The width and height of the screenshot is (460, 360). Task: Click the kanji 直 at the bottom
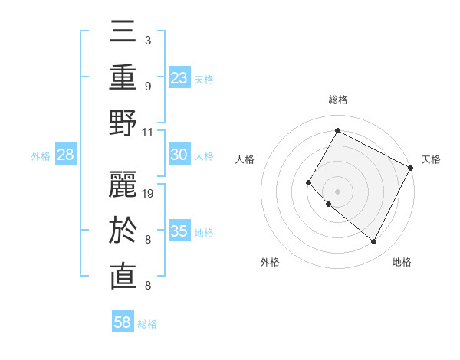click(123, 277)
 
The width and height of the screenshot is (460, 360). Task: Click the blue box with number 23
click(179, 77)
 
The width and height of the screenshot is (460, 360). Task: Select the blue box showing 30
click(179, 155)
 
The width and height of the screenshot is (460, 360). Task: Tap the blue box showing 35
click(179, 231)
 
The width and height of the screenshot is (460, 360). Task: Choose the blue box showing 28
click(66, 155)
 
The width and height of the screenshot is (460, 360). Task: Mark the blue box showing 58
click(123, 322)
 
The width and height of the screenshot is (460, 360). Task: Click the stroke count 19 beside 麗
click(149, 194)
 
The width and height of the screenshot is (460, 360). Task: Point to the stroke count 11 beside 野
click(149, 132)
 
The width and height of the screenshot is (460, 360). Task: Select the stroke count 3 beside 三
click(148, 40)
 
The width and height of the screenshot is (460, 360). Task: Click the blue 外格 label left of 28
click(41, 155)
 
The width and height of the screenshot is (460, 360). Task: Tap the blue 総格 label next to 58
click(147, 323)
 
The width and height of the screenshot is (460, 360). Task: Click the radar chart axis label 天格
click(431, 159)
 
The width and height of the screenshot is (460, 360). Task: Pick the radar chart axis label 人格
click(245, 159)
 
